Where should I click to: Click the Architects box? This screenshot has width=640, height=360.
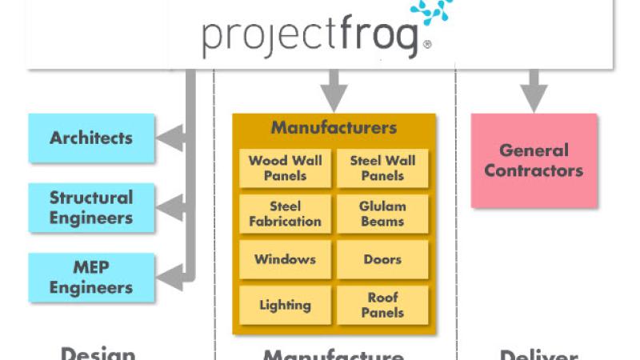click(90, 138)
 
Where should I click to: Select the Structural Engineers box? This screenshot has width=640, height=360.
click(90, 207)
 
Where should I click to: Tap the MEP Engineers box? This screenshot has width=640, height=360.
click(90, 277)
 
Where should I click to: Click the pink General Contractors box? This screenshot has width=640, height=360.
click(534, 160)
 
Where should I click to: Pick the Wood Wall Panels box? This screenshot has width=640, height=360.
click(285, 168)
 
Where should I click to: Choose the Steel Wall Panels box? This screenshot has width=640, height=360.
click(382, 168)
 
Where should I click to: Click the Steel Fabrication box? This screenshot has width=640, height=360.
click(285, 214)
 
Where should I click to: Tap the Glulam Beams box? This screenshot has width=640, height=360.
click(382, 214)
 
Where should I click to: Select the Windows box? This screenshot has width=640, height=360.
click(285, 259)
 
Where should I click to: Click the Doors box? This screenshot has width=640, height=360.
click(382, 259)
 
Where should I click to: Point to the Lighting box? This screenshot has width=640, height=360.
click(285, 305)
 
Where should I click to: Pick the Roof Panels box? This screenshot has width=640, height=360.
click(382, 305)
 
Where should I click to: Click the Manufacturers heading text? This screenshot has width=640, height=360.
click(334, 128)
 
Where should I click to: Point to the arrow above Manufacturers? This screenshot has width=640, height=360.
click(334, 92)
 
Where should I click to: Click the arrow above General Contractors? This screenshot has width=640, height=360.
click(534, 92)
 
